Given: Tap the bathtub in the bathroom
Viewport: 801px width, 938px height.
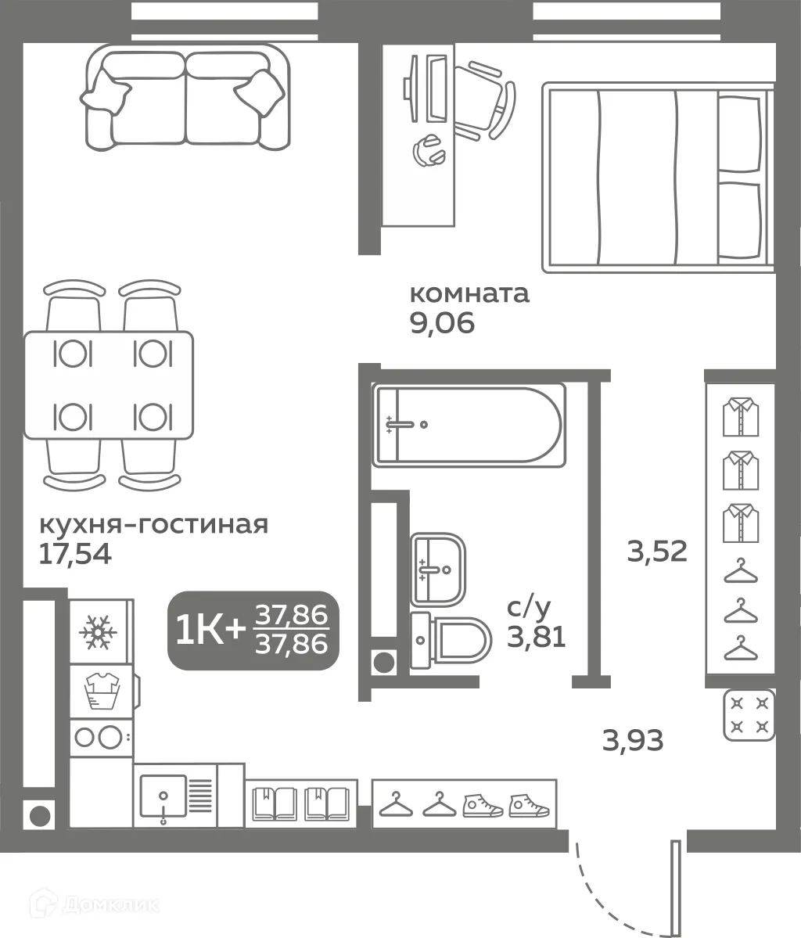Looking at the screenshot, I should [x=466, y=426].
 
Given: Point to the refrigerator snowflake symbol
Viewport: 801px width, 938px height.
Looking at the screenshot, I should [x=99, y=631].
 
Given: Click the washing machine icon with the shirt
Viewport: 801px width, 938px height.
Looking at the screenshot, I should [x=100, y=691].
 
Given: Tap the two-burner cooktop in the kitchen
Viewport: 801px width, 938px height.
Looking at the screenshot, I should [x=100, y=736].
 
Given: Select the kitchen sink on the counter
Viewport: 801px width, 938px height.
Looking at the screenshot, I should [x=163, y=800].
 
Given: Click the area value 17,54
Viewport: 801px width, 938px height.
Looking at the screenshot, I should [x=75, y=554].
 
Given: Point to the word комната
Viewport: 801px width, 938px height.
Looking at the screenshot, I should [x=469, y=294].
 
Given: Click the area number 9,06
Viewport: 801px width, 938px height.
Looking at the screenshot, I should [x=442, y=323].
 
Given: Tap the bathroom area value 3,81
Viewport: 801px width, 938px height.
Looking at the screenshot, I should [x=537, y=638].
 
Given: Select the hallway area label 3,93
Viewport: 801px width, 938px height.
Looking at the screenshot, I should [x=633, y=739].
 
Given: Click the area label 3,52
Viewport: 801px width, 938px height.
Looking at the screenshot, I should [x=657, y=552].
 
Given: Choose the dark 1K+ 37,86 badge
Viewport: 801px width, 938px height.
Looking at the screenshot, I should [x=253, y=631].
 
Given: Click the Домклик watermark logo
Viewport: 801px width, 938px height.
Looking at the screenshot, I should [x=95, y=905].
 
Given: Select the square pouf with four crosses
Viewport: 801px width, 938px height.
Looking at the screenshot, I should [x=749, y=714].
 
